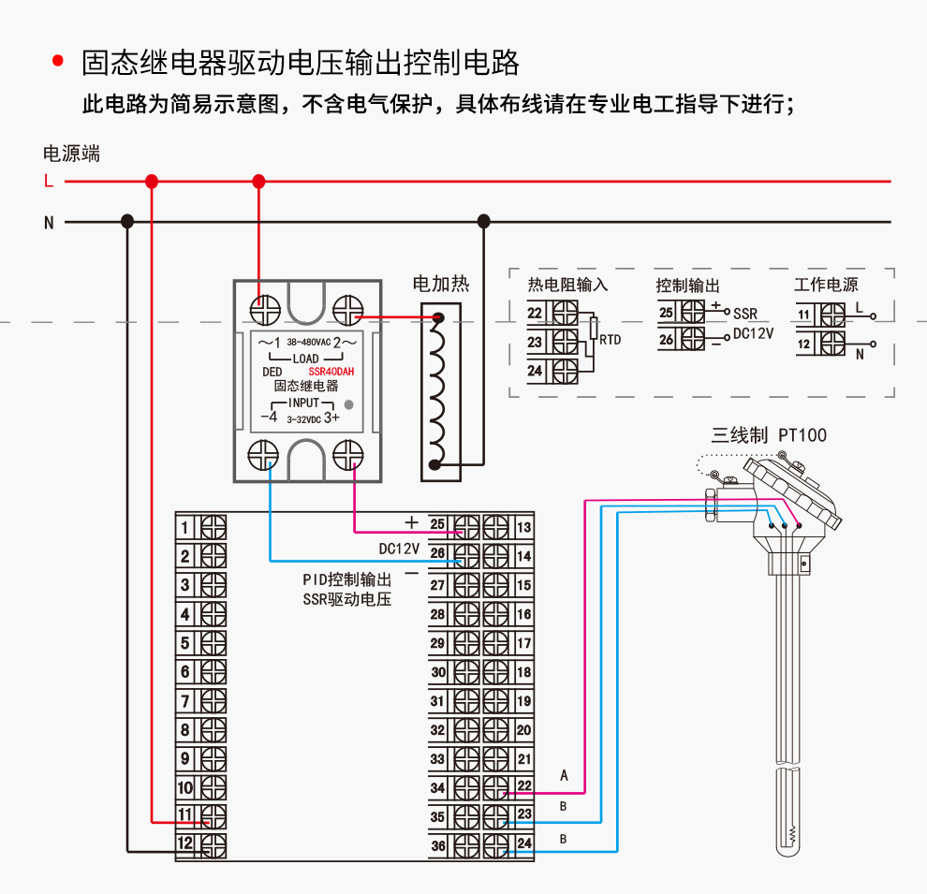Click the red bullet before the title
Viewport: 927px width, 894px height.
coord(58,62)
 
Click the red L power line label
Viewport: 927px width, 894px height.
coord(48,182)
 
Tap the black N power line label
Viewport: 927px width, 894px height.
coord(48,223)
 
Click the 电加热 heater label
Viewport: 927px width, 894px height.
coord(441,284)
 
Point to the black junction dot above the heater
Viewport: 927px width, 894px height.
coord(484,221)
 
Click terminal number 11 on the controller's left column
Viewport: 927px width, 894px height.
coord(185,815)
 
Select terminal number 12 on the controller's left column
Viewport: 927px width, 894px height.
coord(185,844)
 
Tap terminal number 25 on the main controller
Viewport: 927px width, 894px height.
coord(437,526)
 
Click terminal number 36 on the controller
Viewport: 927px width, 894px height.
coord(437,846)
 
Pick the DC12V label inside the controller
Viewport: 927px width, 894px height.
coord(398,547)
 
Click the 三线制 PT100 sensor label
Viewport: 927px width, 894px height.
coord(769,434)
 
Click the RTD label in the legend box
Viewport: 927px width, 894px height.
coord(610,339)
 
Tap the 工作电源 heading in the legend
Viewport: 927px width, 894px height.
coord(826,285)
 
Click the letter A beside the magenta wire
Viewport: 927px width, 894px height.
coord(564,775)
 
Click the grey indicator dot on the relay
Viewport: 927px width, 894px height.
coord(349,404)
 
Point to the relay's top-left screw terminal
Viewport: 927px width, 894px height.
coord(265,308)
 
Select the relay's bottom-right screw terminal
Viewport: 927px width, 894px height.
coord(348,456)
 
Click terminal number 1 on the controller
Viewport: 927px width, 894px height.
coord(185,528)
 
